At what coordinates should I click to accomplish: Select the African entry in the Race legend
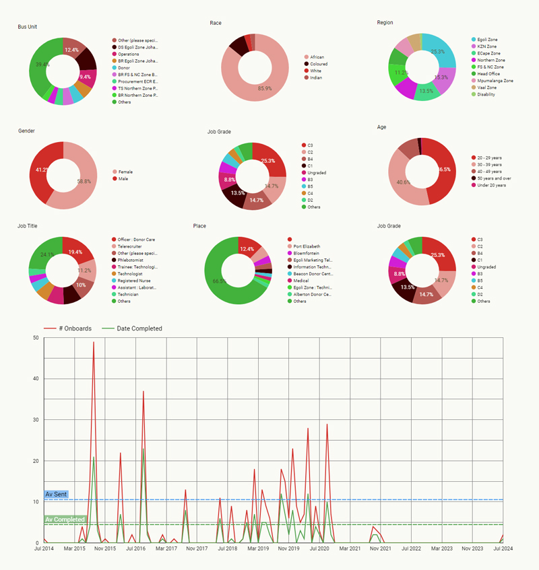coord(317,57)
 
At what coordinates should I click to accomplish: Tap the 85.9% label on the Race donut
coord(264,88)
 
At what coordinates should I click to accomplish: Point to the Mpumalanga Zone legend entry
coord(495,81)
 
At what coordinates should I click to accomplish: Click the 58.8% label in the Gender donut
coord(84,182)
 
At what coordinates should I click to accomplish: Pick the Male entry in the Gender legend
coord(125,178)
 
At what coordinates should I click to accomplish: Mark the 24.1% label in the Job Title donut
coord(47,255)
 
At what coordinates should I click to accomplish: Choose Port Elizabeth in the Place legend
coord(307,246)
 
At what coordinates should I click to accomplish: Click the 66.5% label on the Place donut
coord(219,281)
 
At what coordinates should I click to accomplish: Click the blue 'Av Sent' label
coord(57,495)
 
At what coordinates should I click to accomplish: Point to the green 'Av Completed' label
coord(65,520)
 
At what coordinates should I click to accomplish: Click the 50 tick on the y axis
coord(35,338)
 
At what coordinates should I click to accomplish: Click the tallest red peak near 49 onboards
coord(94,343)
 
